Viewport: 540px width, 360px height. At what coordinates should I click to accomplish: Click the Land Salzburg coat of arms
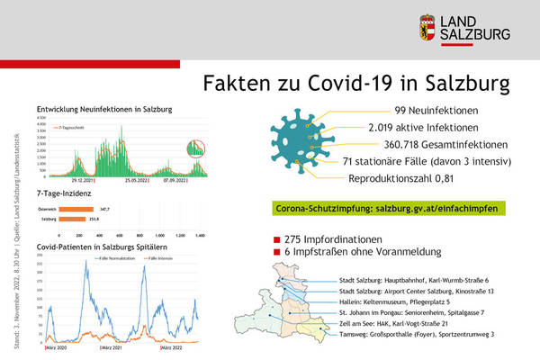[427, 27]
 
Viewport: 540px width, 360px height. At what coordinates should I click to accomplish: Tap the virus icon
[302, 140]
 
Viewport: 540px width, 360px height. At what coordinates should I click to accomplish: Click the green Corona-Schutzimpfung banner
[386, 207]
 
